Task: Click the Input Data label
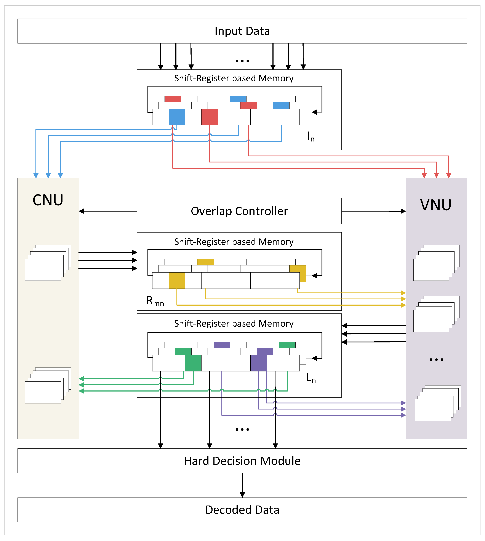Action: point(242,31)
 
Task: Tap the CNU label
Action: point(48,200)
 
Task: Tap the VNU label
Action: point(436,205)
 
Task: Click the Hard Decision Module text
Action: point(242,461)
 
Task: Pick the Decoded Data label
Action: point(242,510)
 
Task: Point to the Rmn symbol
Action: point(155,301)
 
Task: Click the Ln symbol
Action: point(311,377)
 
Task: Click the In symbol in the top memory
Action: point(311,136)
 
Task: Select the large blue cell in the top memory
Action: point(177,117)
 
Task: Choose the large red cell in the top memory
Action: point(210,117)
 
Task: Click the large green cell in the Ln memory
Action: point(193,363)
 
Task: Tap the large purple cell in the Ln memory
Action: point(258,363)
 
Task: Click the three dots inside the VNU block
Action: point(436,360)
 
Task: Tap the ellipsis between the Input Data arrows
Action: point(242,61)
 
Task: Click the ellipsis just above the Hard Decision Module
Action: point(242,430)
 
